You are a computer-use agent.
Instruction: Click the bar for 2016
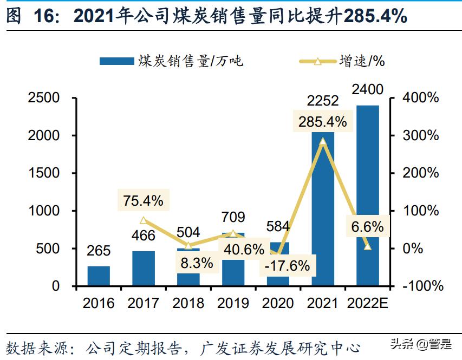pyautogui.click(x=99, y=276)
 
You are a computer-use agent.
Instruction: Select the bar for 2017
pyautogui.click(x=144, y=268)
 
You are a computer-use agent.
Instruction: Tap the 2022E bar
pyautogui.click(x=367, y=195)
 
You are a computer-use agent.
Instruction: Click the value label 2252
pyautogui.click(x=322, y=101)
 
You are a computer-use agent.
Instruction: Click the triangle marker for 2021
pyautogui.click(x=323, y=142)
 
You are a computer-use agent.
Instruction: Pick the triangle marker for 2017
pyautogui.click(x=144, y=220)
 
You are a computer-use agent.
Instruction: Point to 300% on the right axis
pyautogui.click(x=421, y=136)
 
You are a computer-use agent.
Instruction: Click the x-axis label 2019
pyautogui.click(x=233, y=303)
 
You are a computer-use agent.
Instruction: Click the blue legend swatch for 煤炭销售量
pyautogui.click(x=116, y=61)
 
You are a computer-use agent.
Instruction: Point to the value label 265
pyautogui.click(x=99, y=251)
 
